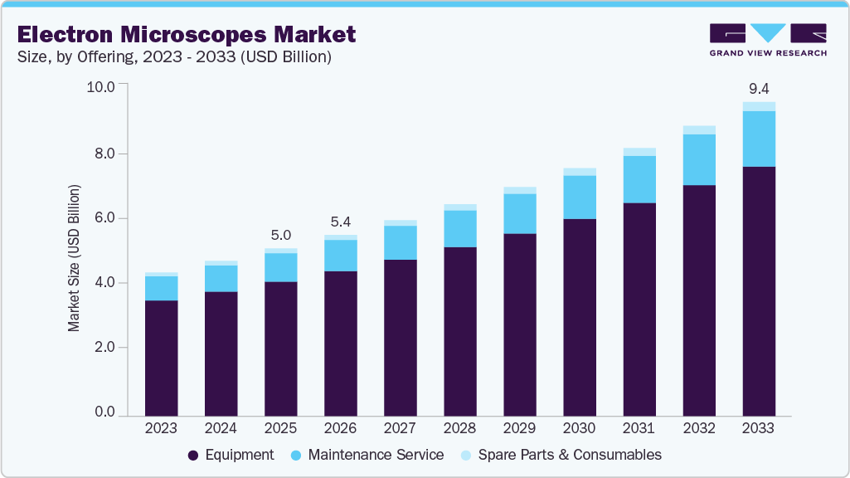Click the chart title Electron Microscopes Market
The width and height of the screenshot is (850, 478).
[187, 35]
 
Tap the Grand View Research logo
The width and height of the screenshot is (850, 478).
[767, 40]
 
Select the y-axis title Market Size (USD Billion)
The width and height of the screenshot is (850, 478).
[75, 259]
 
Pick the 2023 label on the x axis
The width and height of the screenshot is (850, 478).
[161, 428]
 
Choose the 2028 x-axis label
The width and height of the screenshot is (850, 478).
[459, 428]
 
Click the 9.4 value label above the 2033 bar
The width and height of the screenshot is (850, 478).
[758, 89]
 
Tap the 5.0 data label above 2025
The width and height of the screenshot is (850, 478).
[280, 236]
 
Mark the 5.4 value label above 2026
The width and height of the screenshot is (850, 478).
[340, 222]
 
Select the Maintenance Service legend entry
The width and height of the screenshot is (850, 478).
[367, 455]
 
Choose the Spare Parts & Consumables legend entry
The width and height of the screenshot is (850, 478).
[560, 455]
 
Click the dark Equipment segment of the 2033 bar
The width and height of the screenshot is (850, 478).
[759, 290]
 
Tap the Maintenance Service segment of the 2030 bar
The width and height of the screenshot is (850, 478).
[580, 198]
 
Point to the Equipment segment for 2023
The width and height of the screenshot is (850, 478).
[161, 357]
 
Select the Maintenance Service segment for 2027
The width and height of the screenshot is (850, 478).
[400, 242]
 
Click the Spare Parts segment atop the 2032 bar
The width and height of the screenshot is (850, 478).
[699, 130]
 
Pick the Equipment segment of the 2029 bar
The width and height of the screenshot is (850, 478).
[520, 324]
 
